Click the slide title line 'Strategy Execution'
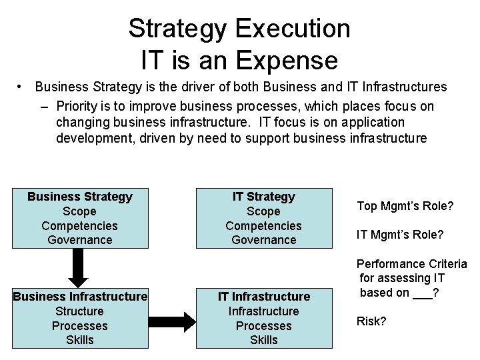[239, 29]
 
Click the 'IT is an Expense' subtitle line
[239, 60]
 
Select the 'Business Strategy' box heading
[80, 197]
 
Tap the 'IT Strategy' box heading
[263, 197]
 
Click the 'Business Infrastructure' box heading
[80, 296]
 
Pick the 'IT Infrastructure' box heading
[263, 296]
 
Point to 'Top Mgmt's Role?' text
[405, 207]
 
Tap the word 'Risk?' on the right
[371, 321]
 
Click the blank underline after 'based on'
[421, 294]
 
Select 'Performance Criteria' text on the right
[411, 263]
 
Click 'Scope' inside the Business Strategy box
[80, 211]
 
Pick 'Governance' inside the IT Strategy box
[263, 240]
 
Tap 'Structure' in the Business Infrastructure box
[80, 311]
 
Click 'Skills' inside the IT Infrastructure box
[263, 340]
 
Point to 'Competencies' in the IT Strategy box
[263, 226]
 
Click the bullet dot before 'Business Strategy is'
[22, 87]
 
